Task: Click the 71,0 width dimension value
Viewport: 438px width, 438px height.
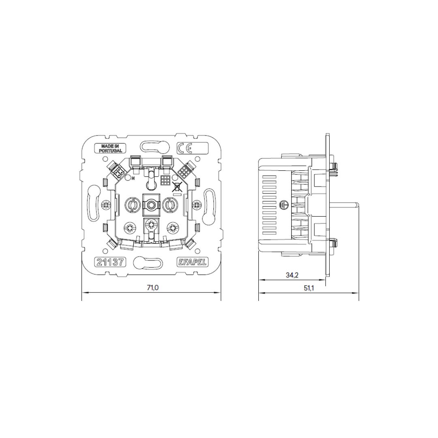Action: pos(153,288)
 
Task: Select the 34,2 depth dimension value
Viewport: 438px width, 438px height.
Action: pos(292,275)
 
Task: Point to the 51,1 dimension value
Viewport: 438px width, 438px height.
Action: pos(309,288)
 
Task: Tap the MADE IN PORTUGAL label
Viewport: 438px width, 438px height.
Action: pos(110,148)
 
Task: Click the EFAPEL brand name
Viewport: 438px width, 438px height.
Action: pos(192,262)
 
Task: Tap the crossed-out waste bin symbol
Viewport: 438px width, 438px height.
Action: pos(176,186)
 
